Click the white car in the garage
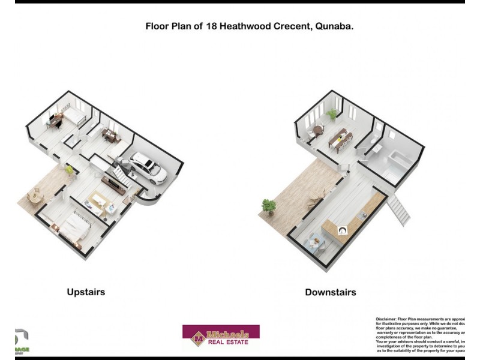pos(148,169)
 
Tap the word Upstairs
pos(86,292)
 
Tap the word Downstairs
pos(330,292)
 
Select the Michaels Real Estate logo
pos(221,338)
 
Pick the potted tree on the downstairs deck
pos(268,208)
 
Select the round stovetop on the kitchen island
pos(342,230)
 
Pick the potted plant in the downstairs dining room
pos(331,114)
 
